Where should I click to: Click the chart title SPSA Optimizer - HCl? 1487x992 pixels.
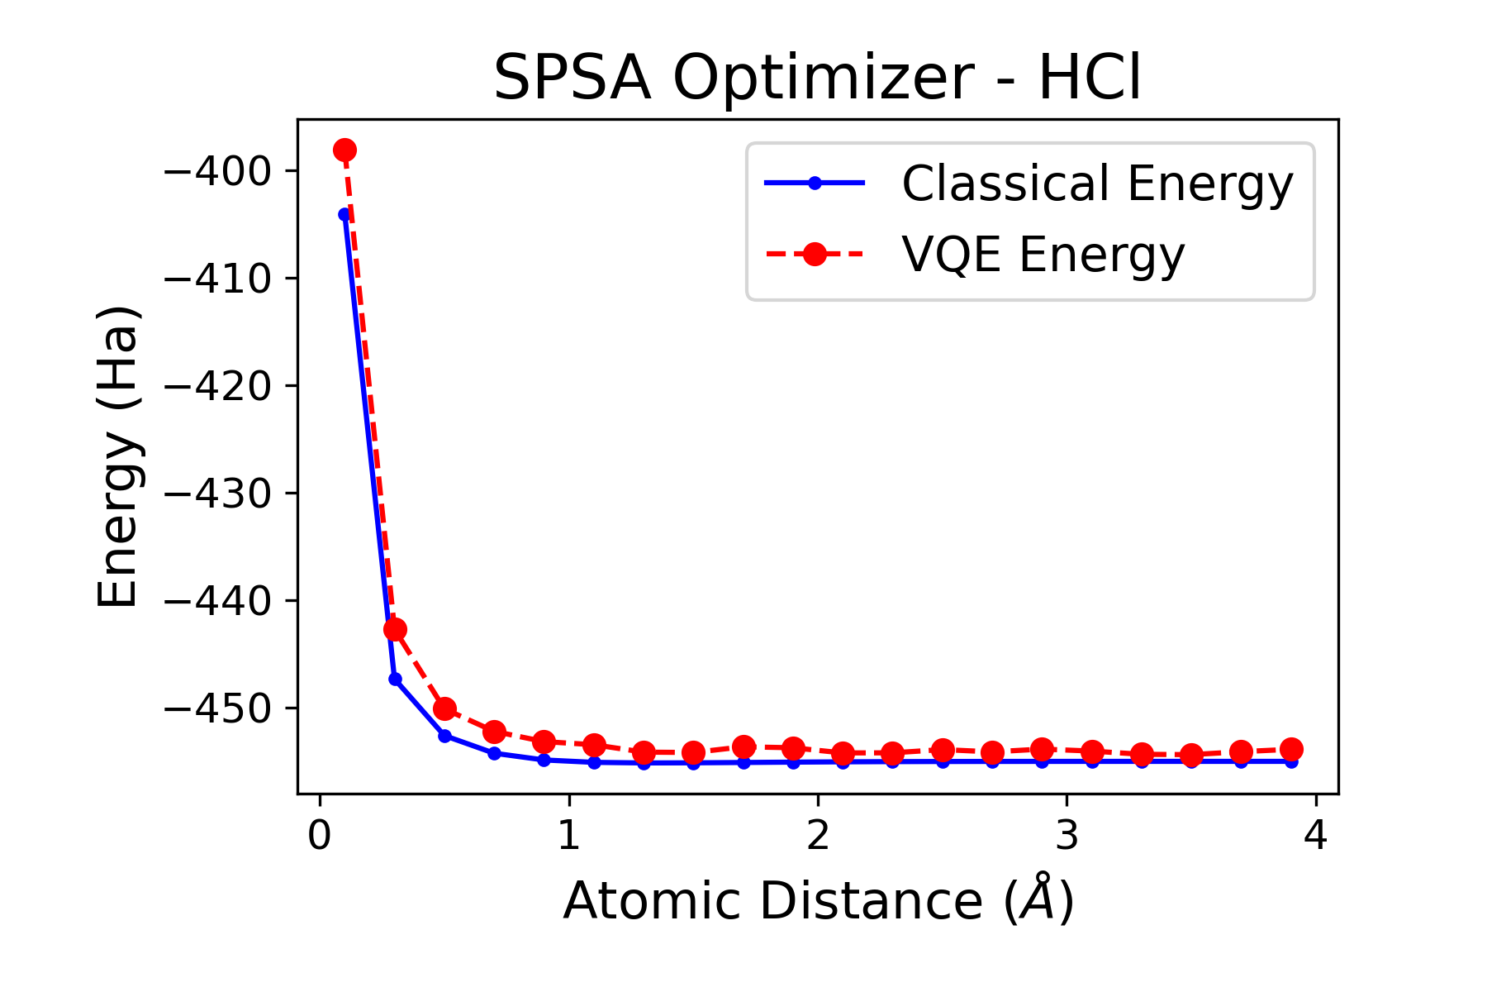(817, 79)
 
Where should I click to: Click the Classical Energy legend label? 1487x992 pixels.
(1097, 184)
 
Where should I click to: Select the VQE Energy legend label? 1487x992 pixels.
(1043, 254)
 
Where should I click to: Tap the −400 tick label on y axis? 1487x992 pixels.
(218, 171)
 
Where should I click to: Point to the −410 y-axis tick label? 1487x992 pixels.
(218, 279)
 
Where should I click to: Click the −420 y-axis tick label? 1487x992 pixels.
(218, 386)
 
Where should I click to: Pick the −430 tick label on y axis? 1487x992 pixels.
(218, 494)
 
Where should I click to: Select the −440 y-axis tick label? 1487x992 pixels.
(218, 601)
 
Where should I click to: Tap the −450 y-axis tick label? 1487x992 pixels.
(218, 708)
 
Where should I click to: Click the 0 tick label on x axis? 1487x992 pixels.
(320, 837)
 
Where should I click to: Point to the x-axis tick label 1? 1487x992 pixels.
(568, 837)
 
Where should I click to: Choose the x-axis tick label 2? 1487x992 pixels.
(818, 837)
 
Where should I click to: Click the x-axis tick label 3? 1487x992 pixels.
(1067, 837)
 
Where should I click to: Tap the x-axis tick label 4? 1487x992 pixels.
(1315, 837)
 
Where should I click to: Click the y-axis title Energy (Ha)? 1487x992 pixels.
(117, 457)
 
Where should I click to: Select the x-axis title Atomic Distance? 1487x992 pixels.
(818, 900)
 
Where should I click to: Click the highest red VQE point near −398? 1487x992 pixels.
(345, 150)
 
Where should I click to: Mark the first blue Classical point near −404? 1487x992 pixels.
(344, 215)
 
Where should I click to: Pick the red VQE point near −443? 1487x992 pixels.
(395, 629)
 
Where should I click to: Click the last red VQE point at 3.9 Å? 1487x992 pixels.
(1291, 749)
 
